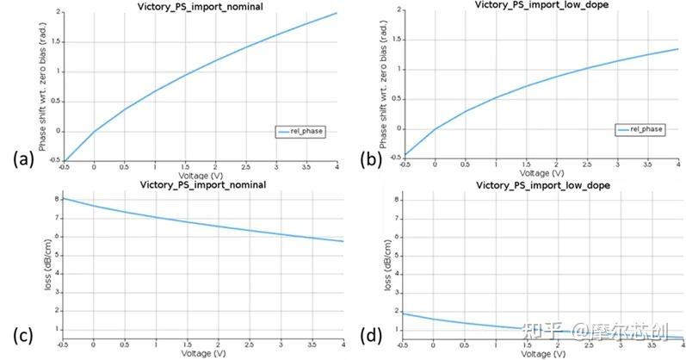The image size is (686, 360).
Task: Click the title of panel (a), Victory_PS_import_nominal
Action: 201,6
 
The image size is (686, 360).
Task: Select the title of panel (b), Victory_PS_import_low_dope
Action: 535,5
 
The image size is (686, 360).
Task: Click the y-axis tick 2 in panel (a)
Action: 58,13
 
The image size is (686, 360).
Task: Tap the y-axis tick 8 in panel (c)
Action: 56,199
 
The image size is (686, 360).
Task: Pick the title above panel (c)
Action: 201,185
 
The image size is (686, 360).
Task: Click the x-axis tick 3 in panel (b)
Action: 617,164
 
